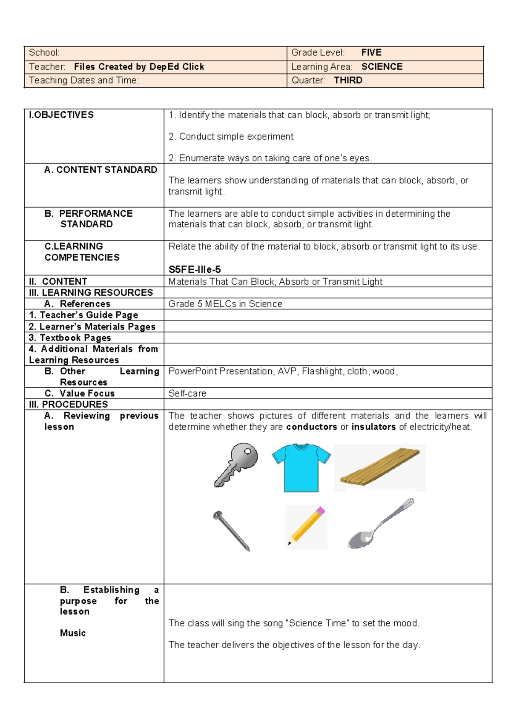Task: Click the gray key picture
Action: tap(237, 464)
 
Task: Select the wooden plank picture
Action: tap(380, 467)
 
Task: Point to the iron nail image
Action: tap(231, 531)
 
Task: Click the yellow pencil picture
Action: tap(306, 527)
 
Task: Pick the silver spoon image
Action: tap(379, 524)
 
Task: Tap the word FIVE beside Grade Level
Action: tap(371, 52)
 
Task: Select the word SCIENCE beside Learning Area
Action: tap(382, 66)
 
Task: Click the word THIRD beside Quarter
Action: tap(348, 80)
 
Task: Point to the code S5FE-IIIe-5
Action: tap(195, 269)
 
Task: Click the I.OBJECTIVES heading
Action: tap(61, 115)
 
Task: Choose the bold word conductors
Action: tap(311, 427)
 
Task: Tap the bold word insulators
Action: tap(373, 427)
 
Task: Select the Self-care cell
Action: tap(187, 393)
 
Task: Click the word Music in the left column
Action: tap(73, 633)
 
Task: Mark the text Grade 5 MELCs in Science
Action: tap(225, 304)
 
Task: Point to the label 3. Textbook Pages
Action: tap(70, 338)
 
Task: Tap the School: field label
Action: tap(44, 52)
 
